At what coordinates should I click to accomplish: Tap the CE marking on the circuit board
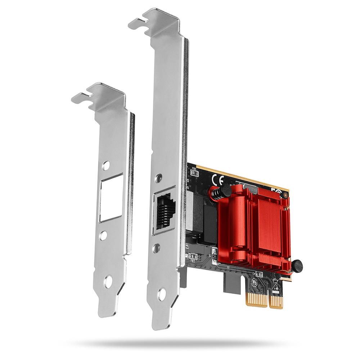click(219, 179)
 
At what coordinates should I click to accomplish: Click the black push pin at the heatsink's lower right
click(297, 266)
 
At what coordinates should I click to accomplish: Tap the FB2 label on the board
click(194, 168)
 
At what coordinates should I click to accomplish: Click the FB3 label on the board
click(193, 261)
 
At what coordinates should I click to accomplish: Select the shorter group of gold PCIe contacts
click(276, 301)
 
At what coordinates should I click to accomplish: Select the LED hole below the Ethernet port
click(157, 248)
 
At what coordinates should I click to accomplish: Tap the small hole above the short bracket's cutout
click(106, 166)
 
